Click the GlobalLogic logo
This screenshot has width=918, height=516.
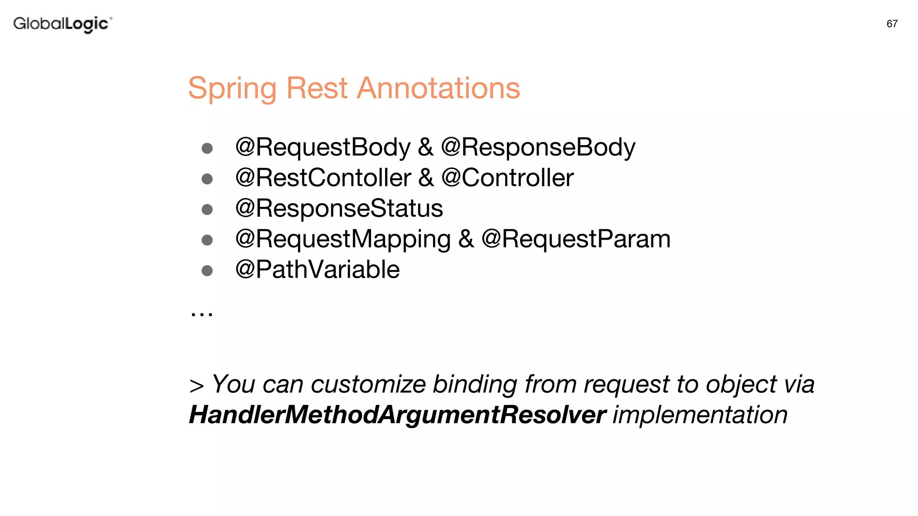pyautogui.click(x=62, y=24)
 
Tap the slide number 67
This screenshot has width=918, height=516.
pyautogui.click(x=892, y=24)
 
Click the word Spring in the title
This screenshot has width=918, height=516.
pyautogui.click(x=232, y=88)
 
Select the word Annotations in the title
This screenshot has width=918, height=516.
pyautogui.click(x=438, y=88)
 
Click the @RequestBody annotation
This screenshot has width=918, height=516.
pyautogui.click(x=323, y=147)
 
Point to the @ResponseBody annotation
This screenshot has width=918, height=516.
pyautogui.click(x=538, y=147)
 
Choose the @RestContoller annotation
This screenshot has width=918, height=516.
pyautogui.click(x=323, y=178)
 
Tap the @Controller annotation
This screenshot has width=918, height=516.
pyautogui.click(x=507, y=178)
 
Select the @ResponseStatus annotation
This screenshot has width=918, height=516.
pyautogui.click(x=339, y=208)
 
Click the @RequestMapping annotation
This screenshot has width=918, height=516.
pyautogui.click(x=343, y=239)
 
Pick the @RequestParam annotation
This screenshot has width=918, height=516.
pyautogui.click(x=576, y=239)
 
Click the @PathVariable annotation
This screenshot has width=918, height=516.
pyautogui.click(x=317, y=270)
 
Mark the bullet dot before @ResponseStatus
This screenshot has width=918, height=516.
pyautogui.click(x=207, y=209)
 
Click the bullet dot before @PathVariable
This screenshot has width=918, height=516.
pyautogui.click(x=207, y=271)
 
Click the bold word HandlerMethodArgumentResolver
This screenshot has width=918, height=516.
pyautogui.click(x=397, y=415)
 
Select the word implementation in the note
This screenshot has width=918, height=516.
pyautogui.click(x=700, y=415)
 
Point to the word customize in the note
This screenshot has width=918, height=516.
pyautogui.click(x=368, y=384)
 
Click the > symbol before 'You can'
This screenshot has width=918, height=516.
pyautogui.click(x=196, y=386)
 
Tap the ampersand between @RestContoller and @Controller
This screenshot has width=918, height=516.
pyautogui.click(x=426, y=178)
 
